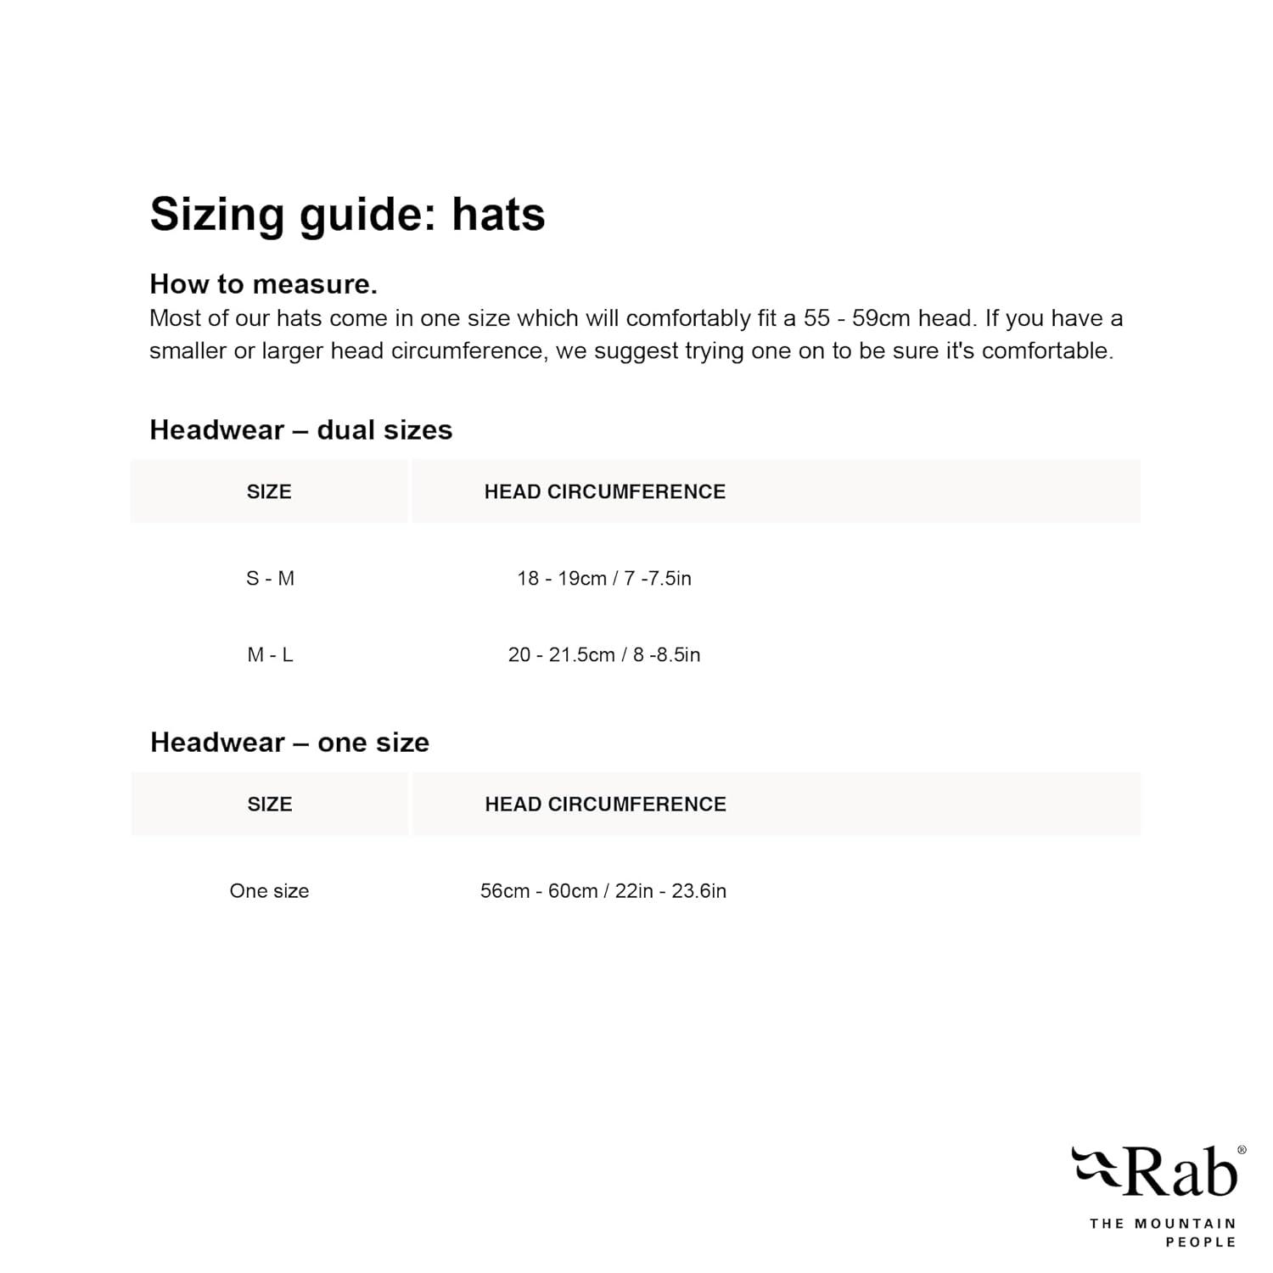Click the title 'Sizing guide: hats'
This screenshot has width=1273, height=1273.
coord(347,213)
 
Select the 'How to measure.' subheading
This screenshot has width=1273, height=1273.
coord(263,283)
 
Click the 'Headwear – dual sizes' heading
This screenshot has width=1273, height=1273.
coord(300,430)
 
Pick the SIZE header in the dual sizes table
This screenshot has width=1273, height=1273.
coord(269,492)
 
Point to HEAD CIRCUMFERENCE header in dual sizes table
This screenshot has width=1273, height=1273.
coord(604,492)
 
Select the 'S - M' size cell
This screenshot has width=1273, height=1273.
coord(270,579)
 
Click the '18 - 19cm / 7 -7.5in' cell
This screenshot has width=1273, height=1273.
coord(604,579)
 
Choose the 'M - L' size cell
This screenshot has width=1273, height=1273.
coord(270,655)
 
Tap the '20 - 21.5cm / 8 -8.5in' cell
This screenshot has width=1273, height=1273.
coord(604,655)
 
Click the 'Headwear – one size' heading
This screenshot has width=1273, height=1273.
coord(289,743)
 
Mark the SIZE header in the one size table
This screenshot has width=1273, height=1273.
coord(270,805)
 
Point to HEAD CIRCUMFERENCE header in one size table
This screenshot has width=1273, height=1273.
coord(605,805)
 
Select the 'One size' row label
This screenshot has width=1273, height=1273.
coord(269,891)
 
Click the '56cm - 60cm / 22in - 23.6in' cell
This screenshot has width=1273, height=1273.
coord(603,891)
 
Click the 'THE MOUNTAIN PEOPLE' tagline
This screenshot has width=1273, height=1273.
coord(1163,1232)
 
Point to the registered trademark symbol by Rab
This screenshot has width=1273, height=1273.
coord(1242,1151)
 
